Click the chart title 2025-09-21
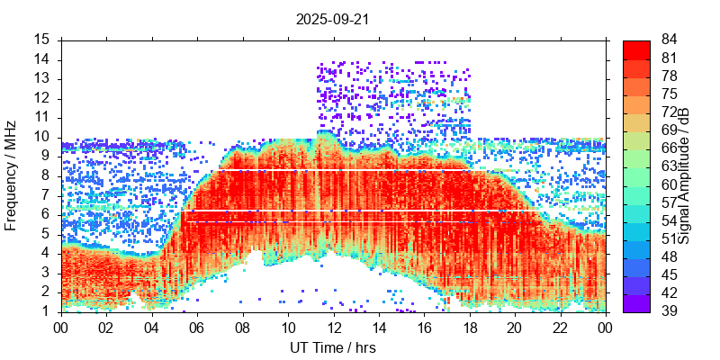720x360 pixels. click(332, 18)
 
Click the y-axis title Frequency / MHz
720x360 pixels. click(12, 175)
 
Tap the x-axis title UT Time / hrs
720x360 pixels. click(332, 347)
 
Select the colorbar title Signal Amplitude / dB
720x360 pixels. click(684, 175)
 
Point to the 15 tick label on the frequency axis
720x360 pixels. click(42, 40)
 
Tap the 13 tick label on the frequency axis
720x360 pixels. click(42, 78)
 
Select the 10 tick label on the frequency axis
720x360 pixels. click(42, 137)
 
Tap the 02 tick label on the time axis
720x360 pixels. click(106, 328)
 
